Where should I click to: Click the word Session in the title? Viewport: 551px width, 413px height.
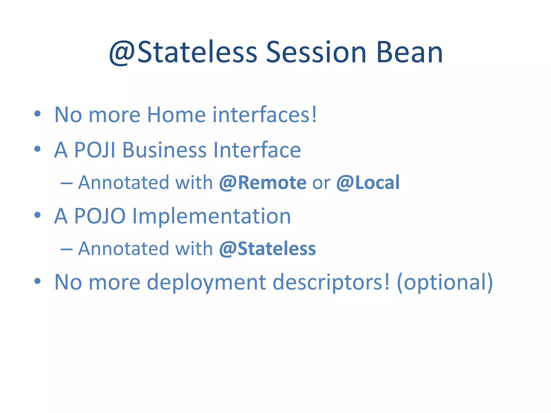pos(316,52)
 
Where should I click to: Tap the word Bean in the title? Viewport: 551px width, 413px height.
pos(409,52)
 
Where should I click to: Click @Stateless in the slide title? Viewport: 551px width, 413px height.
pos(183,52)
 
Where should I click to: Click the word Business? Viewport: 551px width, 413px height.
pos(164,150)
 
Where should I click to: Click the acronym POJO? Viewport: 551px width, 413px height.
pos(100,216)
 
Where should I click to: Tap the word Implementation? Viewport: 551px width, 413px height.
pos(211,216)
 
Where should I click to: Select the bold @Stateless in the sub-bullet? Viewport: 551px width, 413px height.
pos(267,249)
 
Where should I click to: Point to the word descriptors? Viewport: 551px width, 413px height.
pos(331,282)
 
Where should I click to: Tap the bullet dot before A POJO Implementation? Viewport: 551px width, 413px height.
pos(37,215)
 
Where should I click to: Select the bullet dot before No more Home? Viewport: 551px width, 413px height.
pos(37,113)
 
